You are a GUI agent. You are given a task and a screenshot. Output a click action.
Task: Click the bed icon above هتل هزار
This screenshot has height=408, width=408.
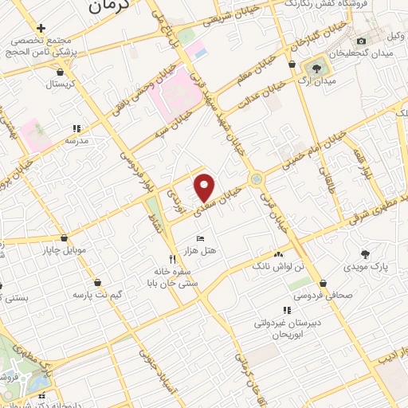200,238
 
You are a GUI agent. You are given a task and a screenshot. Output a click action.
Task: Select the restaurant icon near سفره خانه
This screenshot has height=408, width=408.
172,259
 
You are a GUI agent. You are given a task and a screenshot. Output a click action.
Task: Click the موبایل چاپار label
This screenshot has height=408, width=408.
63,251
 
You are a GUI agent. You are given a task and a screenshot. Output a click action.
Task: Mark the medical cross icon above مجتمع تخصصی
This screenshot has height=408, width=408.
41,28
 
